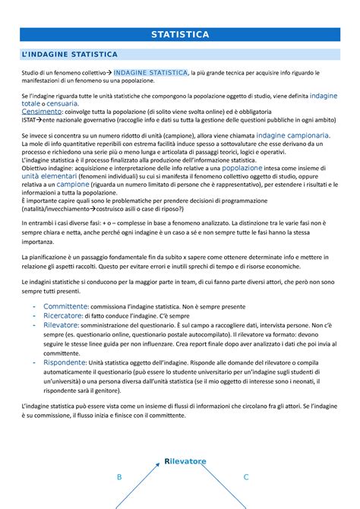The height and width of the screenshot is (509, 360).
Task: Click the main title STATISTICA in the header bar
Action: tap(180, 35)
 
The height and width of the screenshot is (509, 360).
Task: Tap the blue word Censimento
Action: tap(45, 111)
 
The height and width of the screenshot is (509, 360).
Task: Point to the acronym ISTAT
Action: tap(32, 119)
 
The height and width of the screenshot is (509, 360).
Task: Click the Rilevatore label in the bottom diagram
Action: tap(185, 461)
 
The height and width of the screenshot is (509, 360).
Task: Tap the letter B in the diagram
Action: tap(118, 477)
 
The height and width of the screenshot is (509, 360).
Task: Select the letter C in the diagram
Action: tap(246, 477)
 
